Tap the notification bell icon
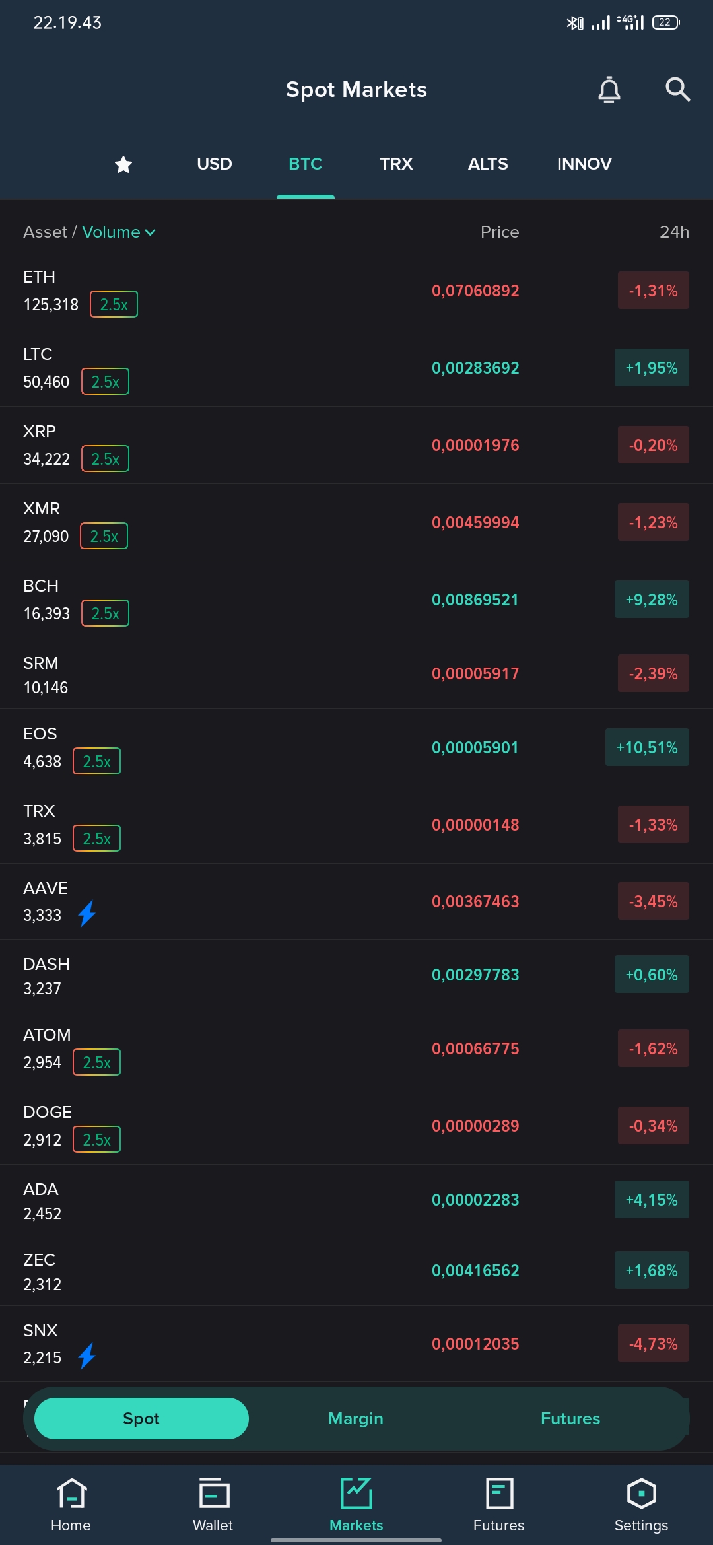tap(609, 90)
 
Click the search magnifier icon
tap(677, 89)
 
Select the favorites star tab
tap(123, 164)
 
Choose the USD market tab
tap(215, 164)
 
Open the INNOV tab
tap(584, 164)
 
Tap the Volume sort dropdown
tap(119, 232)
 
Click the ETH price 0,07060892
tap(475, 291)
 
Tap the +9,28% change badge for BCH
tap(652, 600)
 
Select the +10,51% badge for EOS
tap(647, 747)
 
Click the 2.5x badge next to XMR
tap(104, 536)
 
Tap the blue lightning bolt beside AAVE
tap(87, 914)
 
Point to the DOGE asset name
tap(48, 1112)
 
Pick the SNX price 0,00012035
tap(475, 1344)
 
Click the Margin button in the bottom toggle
tap(356, 1418)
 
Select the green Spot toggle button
tap(141, 1418)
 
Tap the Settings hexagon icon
tap(642, 1493)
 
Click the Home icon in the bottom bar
tap(71, 1493)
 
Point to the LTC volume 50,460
tap(46, 382)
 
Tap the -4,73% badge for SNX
tap(654, 1344)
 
